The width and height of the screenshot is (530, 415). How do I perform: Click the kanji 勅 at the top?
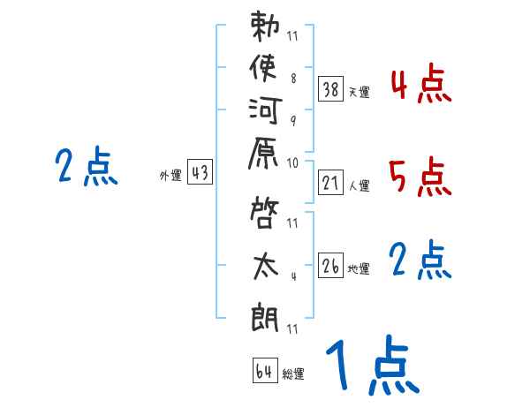[x=266, y=26]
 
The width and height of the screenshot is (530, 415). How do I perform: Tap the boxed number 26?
[x=331, y=264]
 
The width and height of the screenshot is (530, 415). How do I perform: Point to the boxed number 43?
[x=200, y=173]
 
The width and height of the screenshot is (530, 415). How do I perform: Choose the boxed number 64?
[x=264, y=371]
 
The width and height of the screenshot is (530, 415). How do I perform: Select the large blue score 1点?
[x=371, y=366]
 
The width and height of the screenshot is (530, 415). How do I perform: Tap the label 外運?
[x=170, y=177]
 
